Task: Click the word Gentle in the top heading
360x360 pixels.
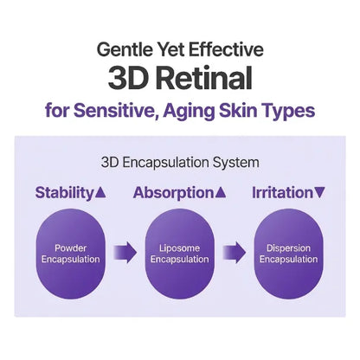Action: pyautogui.click(x=125, y=49)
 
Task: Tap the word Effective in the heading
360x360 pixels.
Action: pyautogui.click(x=226, y=49)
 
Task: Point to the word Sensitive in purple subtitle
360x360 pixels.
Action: pyautogui.click(x=114, y=111)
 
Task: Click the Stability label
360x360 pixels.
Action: pyautogui.click(x=64, y=193)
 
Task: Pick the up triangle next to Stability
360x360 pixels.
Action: pyautogui.click(x=100, y=192)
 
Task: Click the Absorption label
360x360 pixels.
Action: pyautogui.click(x=173, y=193)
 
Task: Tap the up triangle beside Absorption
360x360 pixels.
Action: pyautogui.click(x=221, y=192)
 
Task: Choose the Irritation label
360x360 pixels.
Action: pyautogui.click(x=282, y=193)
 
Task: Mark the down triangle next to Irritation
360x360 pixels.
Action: pyautogui.click(x=319, y=192)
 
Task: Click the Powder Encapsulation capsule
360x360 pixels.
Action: pyautogui.click(x=70, y=254)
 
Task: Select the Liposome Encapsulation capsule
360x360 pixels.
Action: pyautogui.click(x=179, y=254)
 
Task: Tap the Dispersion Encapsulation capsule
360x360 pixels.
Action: pyautogui.click(x=288, y=254)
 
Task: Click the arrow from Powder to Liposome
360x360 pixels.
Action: pyautogui.click(x=125, y=253)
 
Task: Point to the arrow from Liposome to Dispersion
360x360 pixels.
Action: pyautogui.click(x=234, y=253)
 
